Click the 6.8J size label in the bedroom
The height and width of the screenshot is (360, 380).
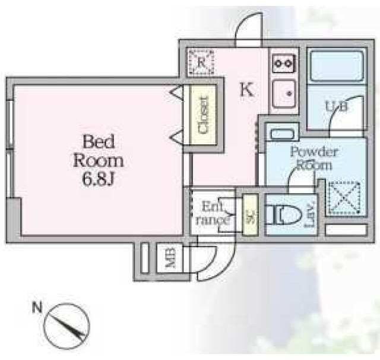pos(98,179)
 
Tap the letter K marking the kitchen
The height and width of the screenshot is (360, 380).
pos(247,89)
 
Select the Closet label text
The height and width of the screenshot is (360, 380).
pos(203,115)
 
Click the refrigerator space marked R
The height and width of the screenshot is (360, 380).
pos(201,62)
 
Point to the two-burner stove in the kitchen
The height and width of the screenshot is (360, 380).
pos(284,64)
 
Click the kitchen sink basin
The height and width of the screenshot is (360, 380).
pos(284,94)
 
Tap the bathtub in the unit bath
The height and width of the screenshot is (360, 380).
pos(337,65)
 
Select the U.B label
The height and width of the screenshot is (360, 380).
pos(337,106)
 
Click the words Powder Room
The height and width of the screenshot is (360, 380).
pos(314,158)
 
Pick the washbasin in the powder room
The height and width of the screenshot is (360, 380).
pos(283,134)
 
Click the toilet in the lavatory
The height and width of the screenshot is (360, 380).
pos(283,214)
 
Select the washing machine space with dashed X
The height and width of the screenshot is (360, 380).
pos(344,198)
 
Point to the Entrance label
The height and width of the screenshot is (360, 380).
pos(213,213)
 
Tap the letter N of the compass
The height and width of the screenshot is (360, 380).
pos(37,307)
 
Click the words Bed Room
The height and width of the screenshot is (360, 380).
pos(99,151)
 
